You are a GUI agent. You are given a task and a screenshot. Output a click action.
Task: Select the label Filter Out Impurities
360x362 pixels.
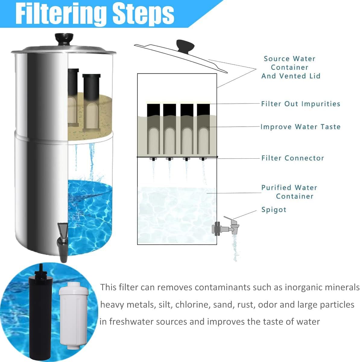coord(301,104)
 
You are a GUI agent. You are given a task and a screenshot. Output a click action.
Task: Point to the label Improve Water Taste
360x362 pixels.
coord(300,127)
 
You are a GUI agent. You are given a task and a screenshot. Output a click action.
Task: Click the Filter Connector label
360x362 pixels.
coord(292,158)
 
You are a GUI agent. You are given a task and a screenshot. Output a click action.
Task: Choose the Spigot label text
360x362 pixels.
coord(273,210)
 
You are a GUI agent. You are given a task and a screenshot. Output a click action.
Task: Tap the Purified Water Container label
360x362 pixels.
coord(289,192)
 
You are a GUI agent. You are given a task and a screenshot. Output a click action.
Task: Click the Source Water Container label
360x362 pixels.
coord(290,67)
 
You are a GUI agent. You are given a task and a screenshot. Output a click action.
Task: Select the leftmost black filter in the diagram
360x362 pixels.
coord(153,130)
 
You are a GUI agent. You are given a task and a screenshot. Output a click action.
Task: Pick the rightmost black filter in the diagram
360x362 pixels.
coord(203,130)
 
